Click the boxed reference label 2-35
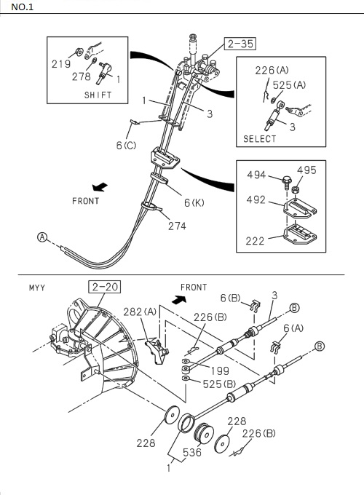[x=240, y=44]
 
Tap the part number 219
[x=62, y=63]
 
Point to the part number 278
[x=82, y=76]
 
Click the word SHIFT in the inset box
[x=98, y=95]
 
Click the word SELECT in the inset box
[x=260, y=139]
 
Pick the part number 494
[x=256, y=175]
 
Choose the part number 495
[x=307, y=171]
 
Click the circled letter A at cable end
[x=42, y=237]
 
